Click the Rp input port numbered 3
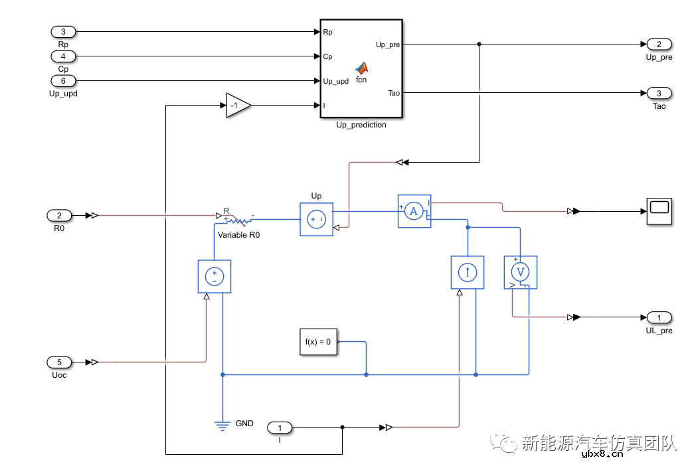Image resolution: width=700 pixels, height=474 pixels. click(64, 32)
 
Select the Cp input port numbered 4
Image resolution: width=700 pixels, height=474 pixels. click(64, 56)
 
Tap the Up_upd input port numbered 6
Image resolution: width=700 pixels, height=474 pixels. click(64, 81)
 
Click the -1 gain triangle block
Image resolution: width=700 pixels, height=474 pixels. click(237, 106)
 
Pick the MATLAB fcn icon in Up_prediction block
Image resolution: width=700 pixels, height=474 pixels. click(361, 68)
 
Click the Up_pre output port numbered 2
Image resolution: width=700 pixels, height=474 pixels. click(659, 44)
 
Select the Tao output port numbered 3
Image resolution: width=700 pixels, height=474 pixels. click(659, 94)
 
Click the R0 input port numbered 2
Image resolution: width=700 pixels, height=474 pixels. click(60, 215)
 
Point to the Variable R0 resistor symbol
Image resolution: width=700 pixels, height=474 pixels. click(238, 220)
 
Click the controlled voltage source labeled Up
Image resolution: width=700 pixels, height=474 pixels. click(316, 219)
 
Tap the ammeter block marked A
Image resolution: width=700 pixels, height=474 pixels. click(414, 211)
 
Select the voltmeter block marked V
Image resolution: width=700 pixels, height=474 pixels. click(520, 272)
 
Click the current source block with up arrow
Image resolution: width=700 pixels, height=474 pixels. click(468, 272)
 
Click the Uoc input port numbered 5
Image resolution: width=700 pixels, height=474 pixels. click(60, 362)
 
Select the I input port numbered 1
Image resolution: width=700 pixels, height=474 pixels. click(280, 428)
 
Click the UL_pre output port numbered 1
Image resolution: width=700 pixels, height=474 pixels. click(659, 317)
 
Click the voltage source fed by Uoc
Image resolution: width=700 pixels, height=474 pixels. click(215, 276)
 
